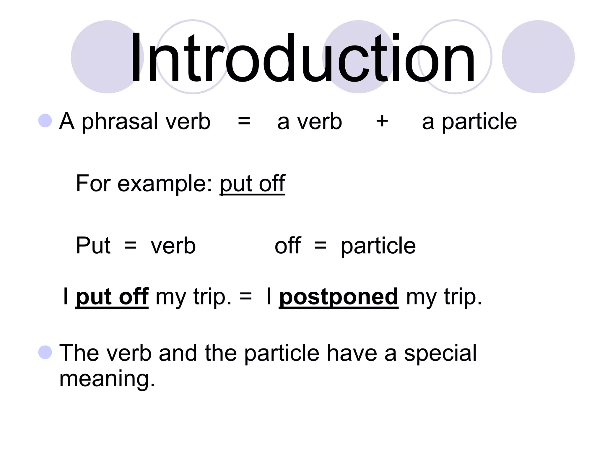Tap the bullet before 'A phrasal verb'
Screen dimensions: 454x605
45,121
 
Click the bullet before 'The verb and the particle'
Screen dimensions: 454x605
45,352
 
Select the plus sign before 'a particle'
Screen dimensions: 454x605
382,121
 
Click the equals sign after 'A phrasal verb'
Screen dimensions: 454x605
244,121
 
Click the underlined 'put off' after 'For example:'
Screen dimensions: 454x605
252,184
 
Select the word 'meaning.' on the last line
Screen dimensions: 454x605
107,379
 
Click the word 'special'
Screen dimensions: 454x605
440,354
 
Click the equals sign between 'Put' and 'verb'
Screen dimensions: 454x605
130,246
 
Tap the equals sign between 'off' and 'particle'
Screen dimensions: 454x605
321,246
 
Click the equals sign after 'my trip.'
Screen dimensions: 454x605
246,296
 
